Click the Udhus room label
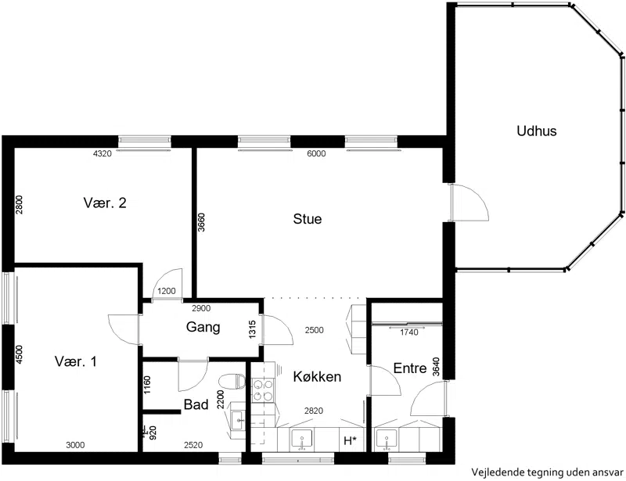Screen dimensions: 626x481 tap(536, 131)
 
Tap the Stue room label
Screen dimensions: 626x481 tap(307, 219)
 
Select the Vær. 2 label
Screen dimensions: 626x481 tap(105, 203)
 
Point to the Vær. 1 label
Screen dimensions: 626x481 tap(75, 361)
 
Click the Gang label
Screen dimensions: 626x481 tap(203, 328)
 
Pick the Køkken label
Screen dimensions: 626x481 tap(317, 376)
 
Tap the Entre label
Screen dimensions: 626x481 tap(409, 368)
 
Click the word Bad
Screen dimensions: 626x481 tap(196, 405)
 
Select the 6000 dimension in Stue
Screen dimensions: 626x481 tap(316, 153)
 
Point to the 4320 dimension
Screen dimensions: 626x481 tap(103, 153)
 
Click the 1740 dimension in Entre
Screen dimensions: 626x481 tap(408, 332)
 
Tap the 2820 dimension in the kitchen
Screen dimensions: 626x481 tap(314, 411)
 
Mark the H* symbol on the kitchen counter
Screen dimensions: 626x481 tap(350, 440)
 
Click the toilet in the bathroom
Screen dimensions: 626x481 tap(232, 381)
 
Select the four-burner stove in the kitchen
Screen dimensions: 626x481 tap(263, 390)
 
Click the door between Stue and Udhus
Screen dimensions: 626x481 tap(469, 203)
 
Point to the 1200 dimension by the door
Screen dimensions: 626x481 tap(167, 291)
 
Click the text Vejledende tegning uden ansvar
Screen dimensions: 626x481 tap(547, 472)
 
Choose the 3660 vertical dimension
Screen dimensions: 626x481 tap(201, 222)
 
